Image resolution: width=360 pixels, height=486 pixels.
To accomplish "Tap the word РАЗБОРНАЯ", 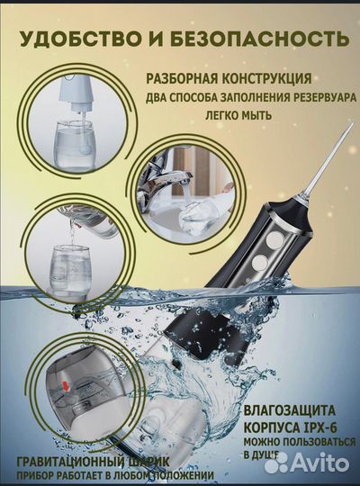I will pos(184,78).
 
